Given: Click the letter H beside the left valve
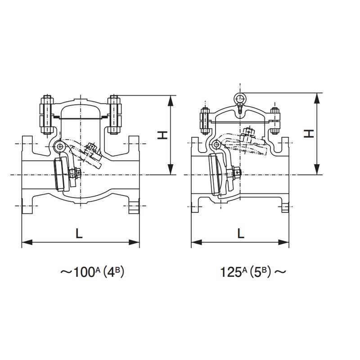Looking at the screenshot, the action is pyautogui.click(x=162, y=135).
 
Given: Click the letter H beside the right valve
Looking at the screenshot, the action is pyautogui.click(x=309, y=134).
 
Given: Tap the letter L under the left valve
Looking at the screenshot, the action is pyautogui.click(x=79, y=234).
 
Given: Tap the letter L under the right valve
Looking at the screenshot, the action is pyautogui.click(x=241, y=234).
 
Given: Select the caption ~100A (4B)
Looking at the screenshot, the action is pyautogui.click(x=92, y=272).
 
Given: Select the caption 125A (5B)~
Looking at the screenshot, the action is pyautogui.click(x=253, y=272).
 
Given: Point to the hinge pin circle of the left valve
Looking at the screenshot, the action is pyautogui.click(x=60, y=146).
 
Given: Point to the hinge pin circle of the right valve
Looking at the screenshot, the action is pyautogui.click(x=216, y=144).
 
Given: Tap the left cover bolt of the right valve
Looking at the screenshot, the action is pyautogui.click(x=205, y=121).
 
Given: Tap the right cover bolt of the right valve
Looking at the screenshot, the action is pyautogui.click(x=275, y=120).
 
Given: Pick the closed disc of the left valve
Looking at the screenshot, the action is pyautogui.click(x=62, y=174).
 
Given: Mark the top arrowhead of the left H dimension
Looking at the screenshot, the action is pyautogui.click(x=171, y=100).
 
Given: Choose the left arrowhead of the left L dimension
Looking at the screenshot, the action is pyautogui.click(x=27, y=242).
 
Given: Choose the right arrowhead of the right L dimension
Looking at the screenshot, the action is pyautogui.click(x=283, y=242).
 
